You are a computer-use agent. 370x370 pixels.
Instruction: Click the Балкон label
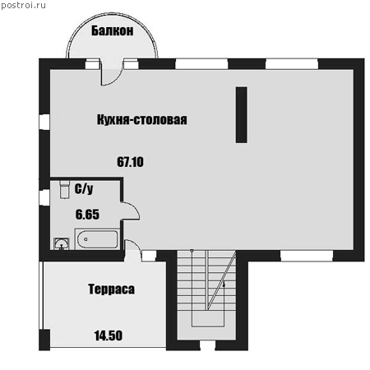tap(113, 30)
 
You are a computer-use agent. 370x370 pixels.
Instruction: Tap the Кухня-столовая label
tap(142, 120)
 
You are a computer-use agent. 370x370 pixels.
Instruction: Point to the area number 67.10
tap(130, 162)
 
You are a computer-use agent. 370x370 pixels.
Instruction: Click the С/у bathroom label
tap(84, 189)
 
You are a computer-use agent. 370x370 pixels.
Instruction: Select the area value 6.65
tap(87, 215)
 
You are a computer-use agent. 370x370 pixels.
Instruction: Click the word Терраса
tap(112, 289)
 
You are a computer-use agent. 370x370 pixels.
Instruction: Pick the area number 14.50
tap(109, 335)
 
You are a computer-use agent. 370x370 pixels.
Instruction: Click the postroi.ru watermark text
tap(23, 5)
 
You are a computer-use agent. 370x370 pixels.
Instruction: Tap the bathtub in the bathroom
tap(97, 239)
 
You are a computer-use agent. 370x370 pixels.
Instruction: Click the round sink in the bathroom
tap(61, 243)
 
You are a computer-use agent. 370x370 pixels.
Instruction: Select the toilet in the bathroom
tap(64, 189)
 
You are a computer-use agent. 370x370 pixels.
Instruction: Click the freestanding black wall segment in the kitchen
tap(242, 115)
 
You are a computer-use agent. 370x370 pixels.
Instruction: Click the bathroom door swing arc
tap(135, 209)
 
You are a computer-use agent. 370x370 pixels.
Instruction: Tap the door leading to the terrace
tap(132, 251)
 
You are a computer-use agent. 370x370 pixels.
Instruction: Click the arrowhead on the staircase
tap(224, 284)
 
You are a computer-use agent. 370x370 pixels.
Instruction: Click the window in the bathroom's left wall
tap(44, 197)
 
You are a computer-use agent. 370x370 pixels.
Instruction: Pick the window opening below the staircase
tap(207, 345)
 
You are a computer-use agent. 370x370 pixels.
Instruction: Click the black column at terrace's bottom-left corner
tap(44, 340)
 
